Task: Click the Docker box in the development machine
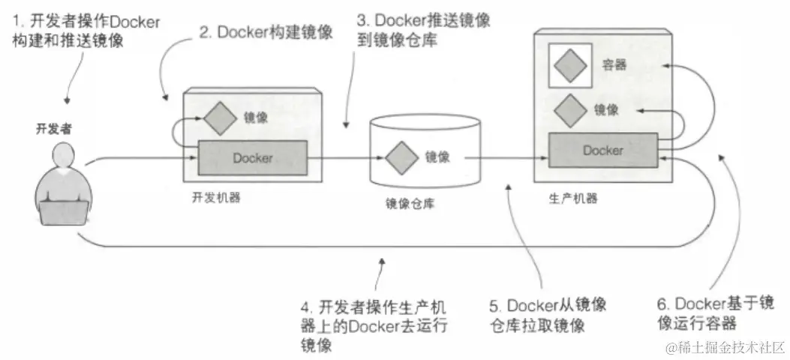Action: point(252,157)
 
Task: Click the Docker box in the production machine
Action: point(602,150)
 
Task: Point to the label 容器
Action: point(614,65)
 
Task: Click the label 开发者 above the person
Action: point(52,128)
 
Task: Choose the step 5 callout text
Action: point(547,315)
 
